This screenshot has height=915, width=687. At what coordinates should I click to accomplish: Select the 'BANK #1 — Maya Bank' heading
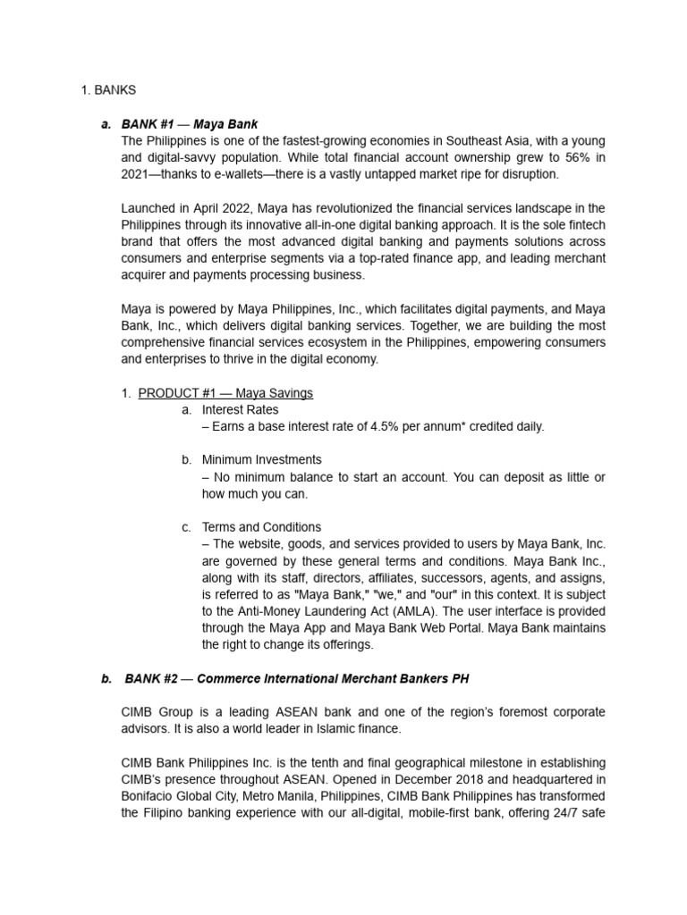tap(191, 124)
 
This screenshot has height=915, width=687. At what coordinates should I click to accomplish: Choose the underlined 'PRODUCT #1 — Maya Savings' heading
tap(225, 393)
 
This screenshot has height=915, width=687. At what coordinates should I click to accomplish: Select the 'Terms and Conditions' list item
tap(261, 527)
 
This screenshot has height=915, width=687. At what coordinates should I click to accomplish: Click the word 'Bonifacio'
tap(149, 797)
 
